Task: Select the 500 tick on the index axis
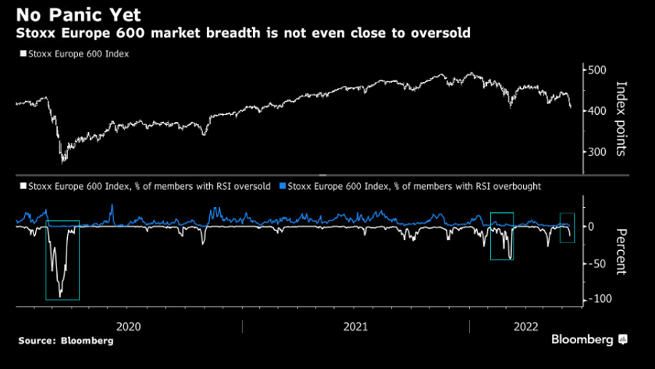598,70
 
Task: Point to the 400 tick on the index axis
598,111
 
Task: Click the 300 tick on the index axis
598,152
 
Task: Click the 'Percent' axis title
622,252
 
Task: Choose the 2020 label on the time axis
127,327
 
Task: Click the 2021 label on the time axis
355,327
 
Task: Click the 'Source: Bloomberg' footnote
66,341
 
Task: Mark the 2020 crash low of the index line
62,162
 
